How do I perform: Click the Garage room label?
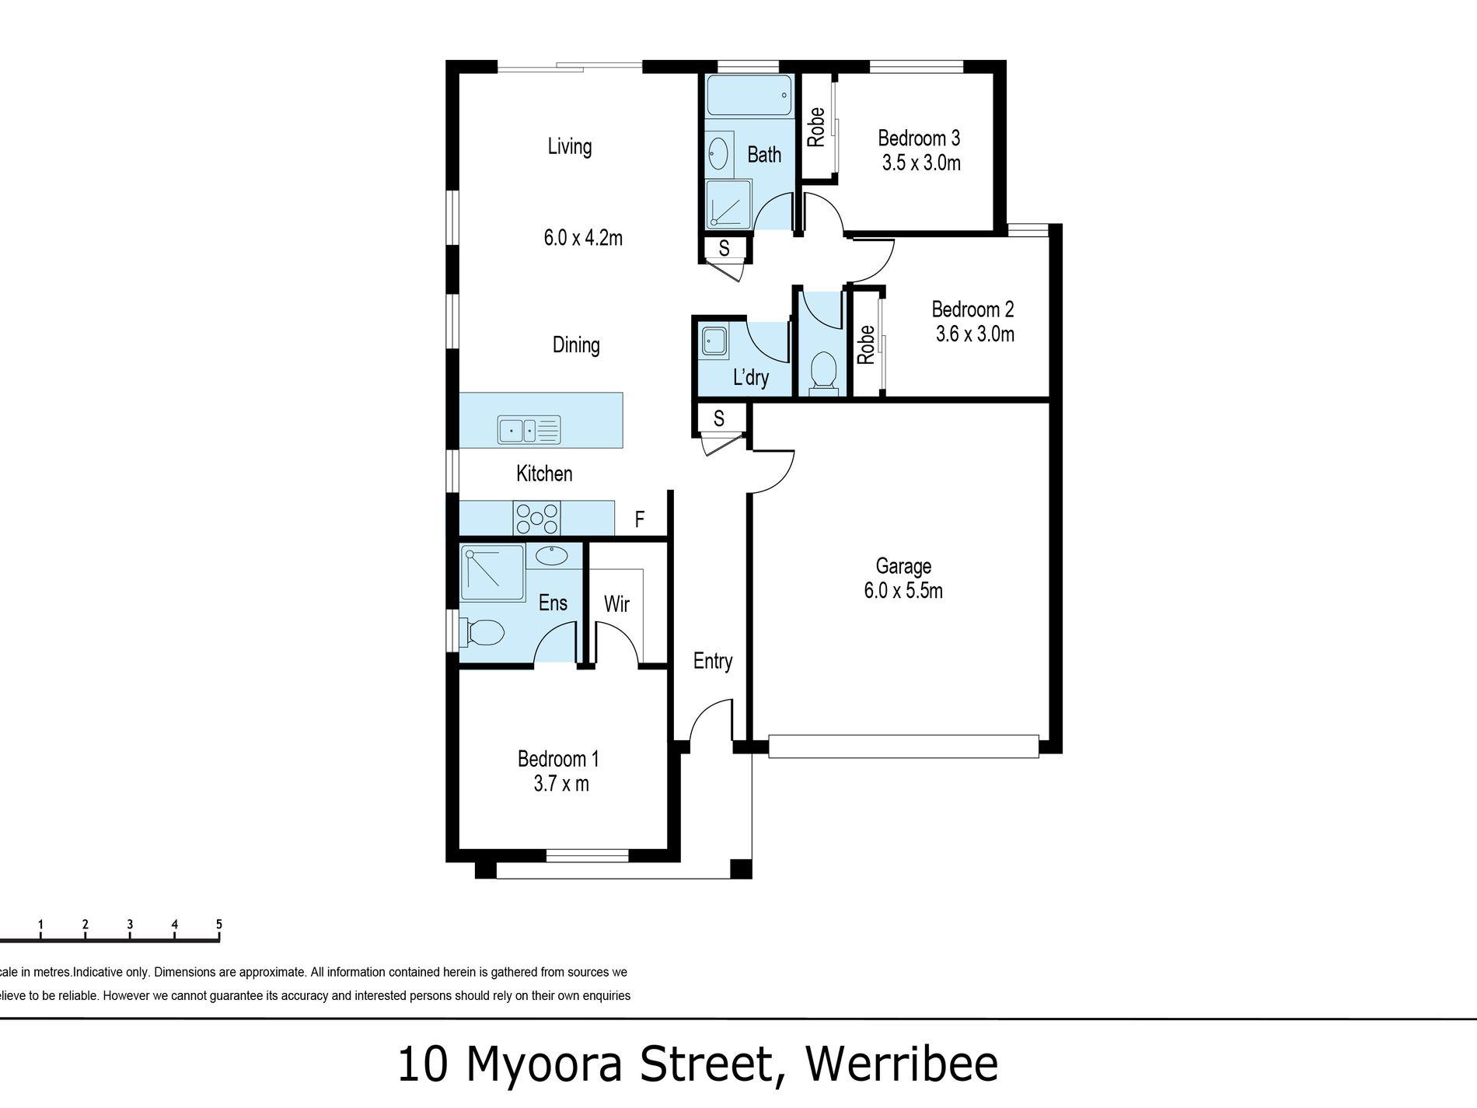(x=903, y=566)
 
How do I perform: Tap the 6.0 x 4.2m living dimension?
(x=583, y=238)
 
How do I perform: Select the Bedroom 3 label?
(x=919, y=138)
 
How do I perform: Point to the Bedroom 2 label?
(x=972, y=309)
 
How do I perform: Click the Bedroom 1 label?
(x=558, y=758)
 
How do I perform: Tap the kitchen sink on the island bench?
(x=529, y=429)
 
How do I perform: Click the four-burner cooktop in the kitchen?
(x=536, y=518)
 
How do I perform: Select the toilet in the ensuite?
(x=480, y=631)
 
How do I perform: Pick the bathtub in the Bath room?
(x=748, y=96)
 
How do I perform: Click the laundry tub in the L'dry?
(x=714, y=341)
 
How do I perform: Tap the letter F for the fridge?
(x=640, y=519)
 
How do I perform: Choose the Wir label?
(x=616, y=603)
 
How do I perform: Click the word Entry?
(x=713, y=662)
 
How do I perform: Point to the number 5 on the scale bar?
(x=219, y=924)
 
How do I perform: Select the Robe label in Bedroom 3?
(x=815, y=127)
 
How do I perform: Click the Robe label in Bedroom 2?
(x=865, y=344)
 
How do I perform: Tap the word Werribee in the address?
(x=902, y=1064)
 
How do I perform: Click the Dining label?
(x=576, y=345)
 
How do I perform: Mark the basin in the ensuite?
(x=552, y=555)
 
